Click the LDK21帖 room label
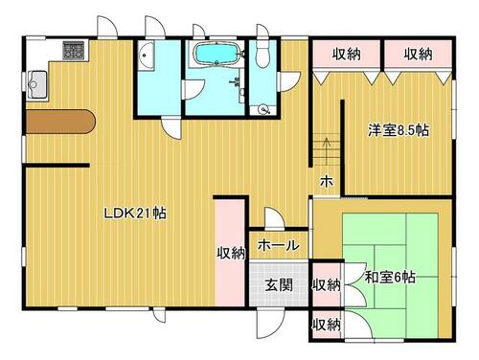click(135, 214)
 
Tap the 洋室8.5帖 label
click(399, 130)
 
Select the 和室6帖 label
click(390, 277)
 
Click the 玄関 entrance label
click(279, 284)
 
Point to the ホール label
click(279, 245)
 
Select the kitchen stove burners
click(74, 51)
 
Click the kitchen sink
click(37, 84)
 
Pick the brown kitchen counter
click(60, 122)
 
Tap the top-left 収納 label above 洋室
click(347, 54)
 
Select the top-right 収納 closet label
click(418, 54)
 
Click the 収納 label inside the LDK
click(231, 253)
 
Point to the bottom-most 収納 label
click(326, 325)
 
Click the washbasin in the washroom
click(146, 56)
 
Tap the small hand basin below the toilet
click(263, 110)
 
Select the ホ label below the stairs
click(327, 182)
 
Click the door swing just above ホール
click(274, 218)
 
